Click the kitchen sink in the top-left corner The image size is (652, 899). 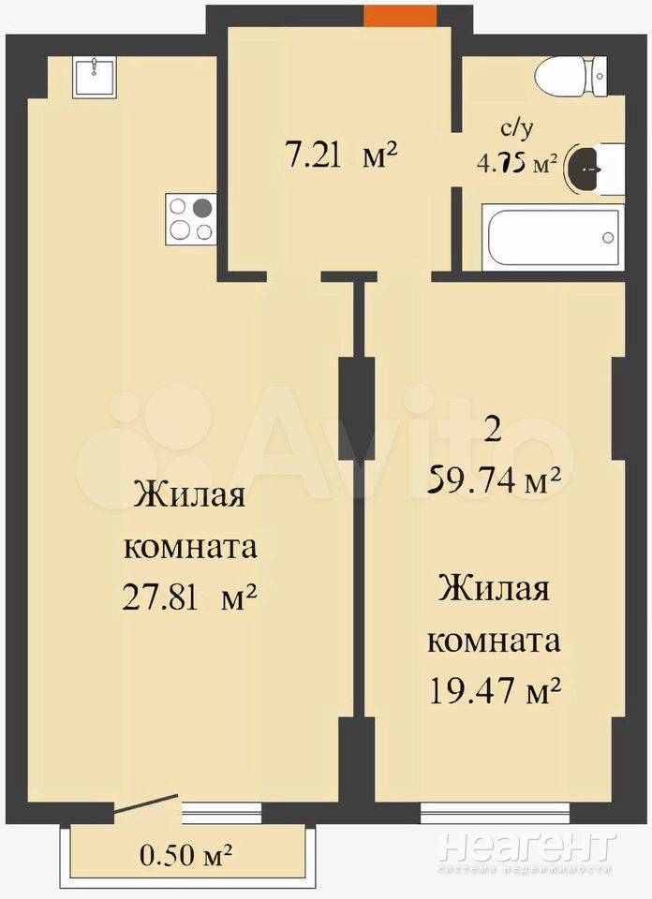95,77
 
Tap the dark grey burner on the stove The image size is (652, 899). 201,208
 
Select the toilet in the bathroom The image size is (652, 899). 570,76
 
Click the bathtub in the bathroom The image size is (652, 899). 552,237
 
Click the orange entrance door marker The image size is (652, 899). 400,17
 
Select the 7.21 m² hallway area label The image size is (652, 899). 342,155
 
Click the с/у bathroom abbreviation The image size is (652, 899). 517,130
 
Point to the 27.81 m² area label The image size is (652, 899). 188,597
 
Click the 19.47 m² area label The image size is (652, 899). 495,690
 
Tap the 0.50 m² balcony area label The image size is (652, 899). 185,856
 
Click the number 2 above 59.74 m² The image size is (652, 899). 493,430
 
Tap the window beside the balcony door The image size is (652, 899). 221,812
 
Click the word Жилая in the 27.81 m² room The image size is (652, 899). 189,495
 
